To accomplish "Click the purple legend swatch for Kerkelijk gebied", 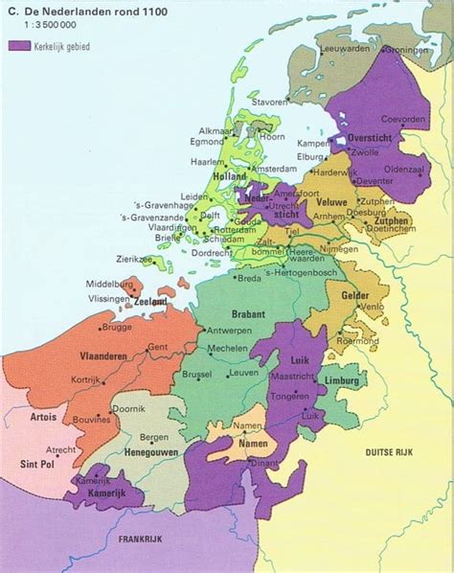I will click(19, 45).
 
